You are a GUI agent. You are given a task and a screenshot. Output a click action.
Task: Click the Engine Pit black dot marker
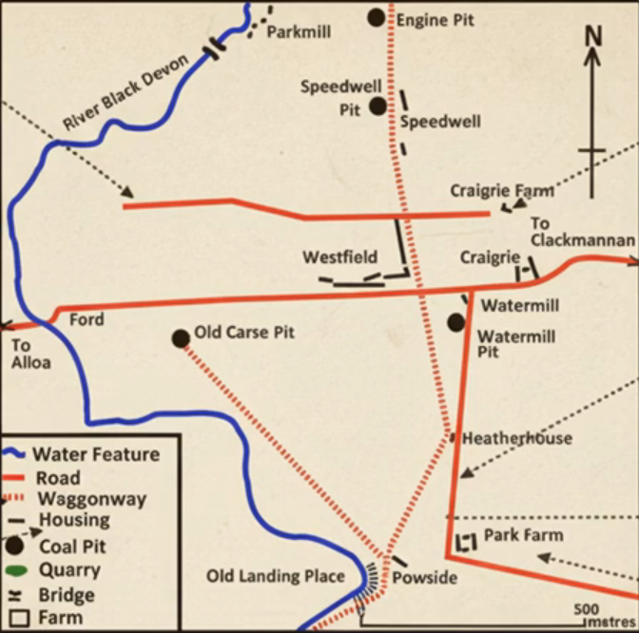[x=378, y=17]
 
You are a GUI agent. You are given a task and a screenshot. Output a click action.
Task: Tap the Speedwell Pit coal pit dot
[x=378, y=105]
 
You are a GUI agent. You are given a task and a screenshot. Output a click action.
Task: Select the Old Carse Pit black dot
[x=181, y=337]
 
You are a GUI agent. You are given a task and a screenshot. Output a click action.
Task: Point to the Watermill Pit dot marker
[x=456, y=322]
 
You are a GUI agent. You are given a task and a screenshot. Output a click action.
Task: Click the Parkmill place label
[x=299, y=32]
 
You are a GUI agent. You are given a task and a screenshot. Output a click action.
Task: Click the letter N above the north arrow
[x=593, y=36]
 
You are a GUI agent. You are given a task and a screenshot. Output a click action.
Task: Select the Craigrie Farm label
[x=501, y=191]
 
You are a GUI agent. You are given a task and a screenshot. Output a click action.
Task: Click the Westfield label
[x=339, y=257]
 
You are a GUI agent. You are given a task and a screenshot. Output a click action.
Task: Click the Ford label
[x=87, y=320]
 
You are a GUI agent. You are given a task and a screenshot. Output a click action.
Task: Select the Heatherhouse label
[x=517, y=438]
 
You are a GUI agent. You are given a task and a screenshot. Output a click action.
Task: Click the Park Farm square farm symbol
[x=466, y=543]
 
